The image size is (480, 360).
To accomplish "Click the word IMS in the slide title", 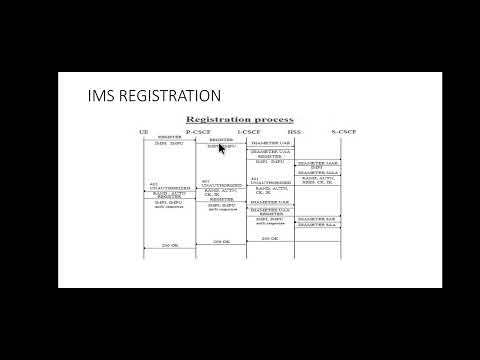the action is click(103, 96).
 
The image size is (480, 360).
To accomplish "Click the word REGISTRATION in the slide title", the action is click(171, 96).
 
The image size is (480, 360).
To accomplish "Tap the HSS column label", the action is click(294, 131).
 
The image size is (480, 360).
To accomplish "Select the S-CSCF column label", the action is click(343, 131).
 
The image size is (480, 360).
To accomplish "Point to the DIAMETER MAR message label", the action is click(318, 161).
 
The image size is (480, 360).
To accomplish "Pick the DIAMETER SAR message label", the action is click(318, 218).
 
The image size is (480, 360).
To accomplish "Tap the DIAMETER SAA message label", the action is click(318, 226).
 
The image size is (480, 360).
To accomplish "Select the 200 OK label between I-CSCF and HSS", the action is click(270, 238).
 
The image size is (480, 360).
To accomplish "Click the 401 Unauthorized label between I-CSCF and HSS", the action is click(270, 181).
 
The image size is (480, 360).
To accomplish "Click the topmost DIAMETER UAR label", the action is click(270, 143).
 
